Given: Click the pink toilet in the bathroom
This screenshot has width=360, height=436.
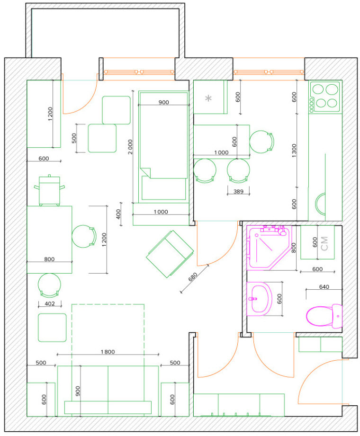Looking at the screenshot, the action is tap(324, 316).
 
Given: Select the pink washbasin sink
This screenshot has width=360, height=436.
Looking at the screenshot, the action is tap(259, 299).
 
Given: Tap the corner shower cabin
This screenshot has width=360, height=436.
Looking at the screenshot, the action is tap(269, 248).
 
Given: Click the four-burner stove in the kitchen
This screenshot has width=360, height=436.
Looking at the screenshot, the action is tap(325, 97).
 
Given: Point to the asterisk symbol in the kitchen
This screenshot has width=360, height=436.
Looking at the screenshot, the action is tap(208, 98).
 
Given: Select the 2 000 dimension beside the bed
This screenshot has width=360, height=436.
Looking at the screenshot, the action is tap(130, 147).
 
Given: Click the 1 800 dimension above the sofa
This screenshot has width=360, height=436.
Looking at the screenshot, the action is tap(108, 352).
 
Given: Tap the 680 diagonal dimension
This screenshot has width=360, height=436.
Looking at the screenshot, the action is tap(193, 276).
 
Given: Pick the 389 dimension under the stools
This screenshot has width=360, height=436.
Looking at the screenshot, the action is tap(238, 191).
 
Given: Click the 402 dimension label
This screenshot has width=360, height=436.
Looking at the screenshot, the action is tap(50, 303).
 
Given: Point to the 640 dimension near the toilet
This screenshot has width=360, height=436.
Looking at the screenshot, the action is tap(324, 287).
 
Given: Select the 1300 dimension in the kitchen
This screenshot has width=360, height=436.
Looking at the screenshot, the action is tap(294, 151).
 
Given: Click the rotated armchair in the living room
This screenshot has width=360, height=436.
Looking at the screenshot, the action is tap(170, 254).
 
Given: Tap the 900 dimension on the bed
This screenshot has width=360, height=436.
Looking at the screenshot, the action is tap(163, 102).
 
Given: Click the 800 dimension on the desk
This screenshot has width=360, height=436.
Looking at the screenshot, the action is tap(49, 259).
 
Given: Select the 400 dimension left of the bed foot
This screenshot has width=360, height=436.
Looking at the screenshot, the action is tap(118, 214).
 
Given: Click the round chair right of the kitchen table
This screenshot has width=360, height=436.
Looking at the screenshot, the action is tap(261, 142).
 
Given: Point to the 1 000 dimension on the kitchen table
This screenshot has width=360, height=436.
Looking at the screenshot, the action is tap(221, 152).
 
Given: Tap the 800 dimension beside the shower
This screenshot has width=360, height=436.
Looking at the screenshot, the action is tap(294, 248).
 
